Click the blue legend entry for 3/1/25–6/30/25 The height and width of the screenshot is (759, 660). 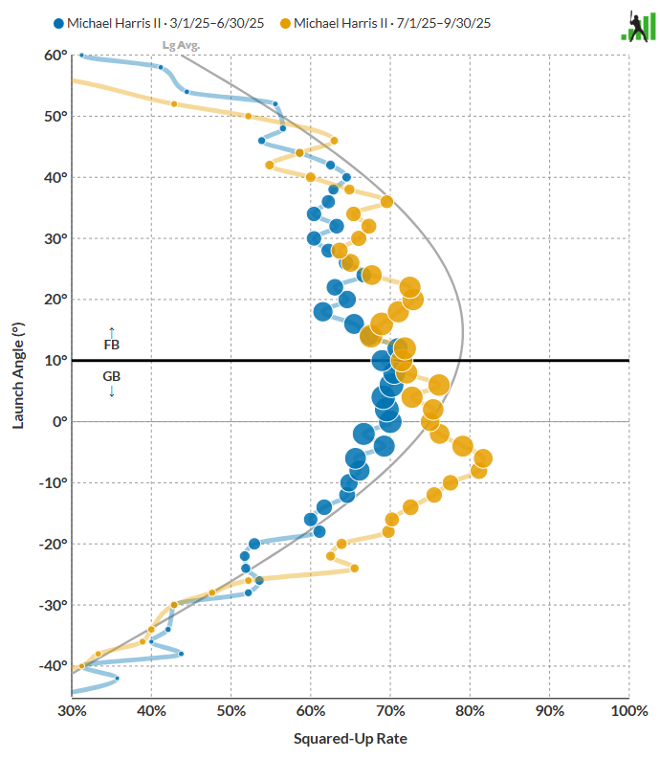coord(159,22)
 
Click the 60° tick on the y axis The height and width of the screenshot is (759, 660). coord(54,56)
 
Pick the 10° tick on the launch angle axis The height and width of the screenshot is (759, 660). coord(54,361)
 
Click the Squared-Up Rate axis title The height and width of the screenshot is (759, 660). coord(350,738)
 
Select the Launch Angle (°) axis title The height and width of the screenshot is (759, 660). coord(18,374)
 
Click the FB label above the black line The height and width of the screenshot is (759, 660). coord(111,345)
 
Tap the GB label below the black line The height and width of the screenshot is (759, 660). coord(111,377)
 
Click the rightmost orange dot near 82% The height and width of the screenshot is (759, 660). coord(483,458)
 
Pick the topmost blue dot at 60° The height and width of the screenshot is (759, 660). coord(81,56)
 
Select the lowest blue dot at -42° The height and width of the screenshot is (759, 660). coord(117,678)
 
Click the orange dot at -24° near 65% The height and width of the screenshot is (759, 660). coord(355,569)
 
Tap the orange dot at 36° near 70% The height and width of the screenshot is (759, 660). coord(386,201)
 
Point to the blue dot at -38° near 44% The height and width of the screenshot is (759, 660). coord(181,654)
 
